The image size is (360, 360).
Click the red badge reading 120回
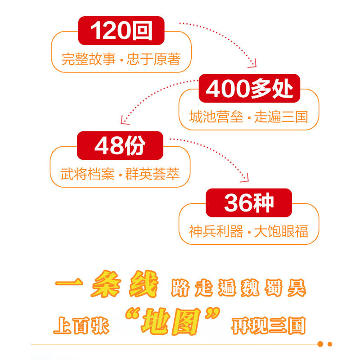coord(121,31)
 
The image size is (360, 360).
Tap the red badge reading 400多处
coord(249,88)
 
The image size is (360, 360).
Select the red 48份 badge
coord(120,145)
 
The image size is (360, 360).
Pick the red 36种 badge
coord(249,203)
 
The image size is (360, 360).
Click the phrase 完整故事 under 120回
coord(89,59)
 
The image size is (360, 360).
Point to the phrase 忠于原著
coord(153,59)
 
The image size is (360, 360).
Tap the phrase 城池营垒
coord(216,117)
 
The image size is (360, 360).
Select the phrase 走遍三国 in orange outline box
coord(281,117)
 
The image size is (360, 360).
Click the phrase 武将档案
coord(87,174)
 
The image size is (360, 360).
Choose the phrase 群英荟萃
coord(152,174)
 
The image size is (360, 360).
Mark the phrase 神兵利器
coord(216,231)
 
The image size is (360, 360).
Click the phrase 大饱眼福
coord(281,231)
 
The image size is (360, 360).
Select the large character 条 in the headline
coord(106,284)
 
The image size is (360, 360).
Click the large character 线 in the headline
coord(144,284)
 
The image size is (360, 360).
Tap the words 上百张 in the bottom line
coord(81,325)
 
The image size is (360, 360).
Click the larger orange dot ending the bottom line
coord(320,344)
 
